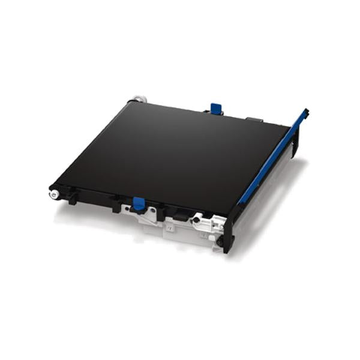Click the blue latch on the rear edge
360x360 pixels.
(x=216, y=109)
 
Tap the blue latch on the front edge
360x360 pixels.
(x=138, y=203)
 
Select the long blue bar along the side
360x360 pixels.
(x=273, y=157)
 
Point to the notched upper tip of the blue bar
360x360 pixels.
(x=305, y=112)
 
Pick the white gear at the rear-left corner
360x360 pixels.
(x=139, y=98)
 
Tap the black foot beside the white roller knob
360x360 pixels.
(x=71, y=197)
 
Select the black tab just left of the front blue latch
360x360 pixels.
(x=116, y=205)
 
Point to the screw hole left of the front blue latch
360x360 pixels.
(x=127, y=208)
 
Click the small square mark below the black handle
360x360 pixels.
(x=170, y=229)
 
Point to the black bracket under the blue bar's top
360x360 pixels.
(x=295, y=144)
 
